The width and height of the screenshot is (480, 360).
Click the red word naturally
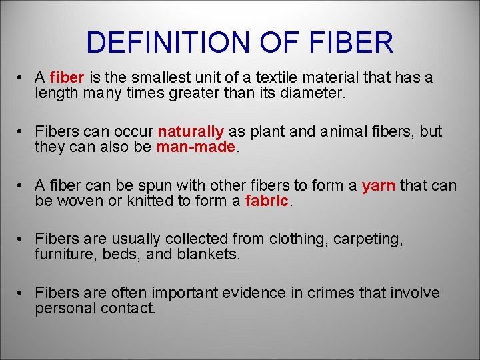point(191,131)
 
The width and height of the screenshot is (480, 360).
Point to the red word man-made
point(196,147)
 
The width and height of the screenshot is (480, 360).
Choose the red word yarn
point(379,185)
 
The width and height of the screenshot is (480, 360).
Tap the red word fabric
point(267,201)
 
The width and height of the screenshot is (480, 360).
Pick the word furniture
point(64,255)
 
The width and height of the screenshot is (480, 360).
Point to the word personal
point(65,309)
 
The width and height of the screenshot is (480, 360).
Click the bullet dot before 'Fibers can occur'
point(22,131)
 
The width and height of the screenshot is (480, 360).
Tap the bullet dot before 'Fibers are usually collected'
point(22,239)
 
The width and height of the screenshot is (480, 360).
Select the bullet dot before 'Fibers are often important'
point(22,293)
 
